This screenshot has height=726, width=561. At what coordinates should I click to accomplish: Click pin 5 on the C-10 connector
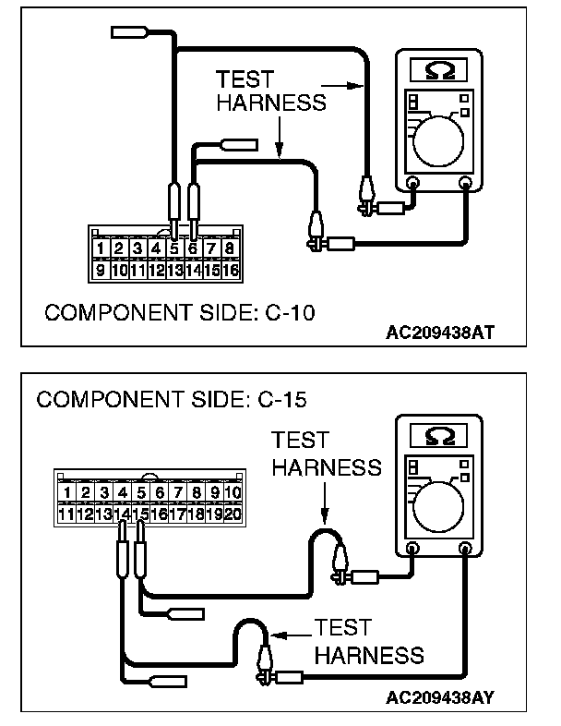click(174, 248)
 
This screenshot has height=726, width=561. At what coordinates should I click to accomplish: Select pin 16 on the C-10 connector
click(230, 271)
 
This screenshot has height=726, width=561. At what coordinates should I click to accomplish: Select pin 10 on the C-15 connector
click(232, 492)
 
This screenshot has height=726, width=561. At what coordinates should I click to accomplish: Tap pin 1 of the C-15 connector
click(66, 492)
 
